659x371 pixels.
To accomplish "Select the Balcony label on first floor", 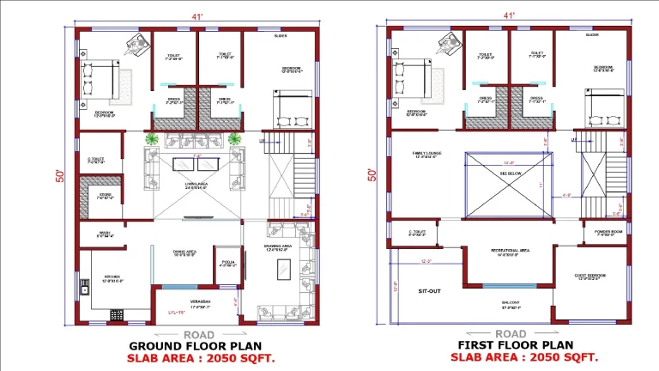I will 511,303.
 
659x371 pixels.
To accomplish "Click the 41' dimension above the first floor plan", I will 510,15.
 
